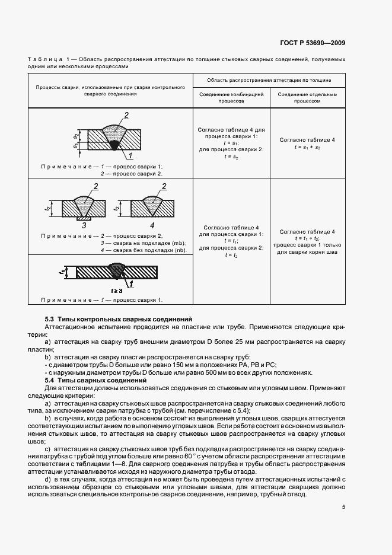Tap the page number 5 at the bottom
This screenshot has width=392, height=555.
[x=344, y=506]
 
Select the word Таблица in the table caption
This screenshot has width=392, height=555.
[x=45, y=60]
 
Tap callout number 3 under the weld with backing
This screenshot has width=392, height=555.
[x=84, y=225]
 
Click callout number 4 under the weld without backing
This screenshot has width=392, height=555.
[x=152, y=225]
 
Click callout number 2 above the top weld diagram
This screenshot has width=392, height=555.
[x=126, y=114]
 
